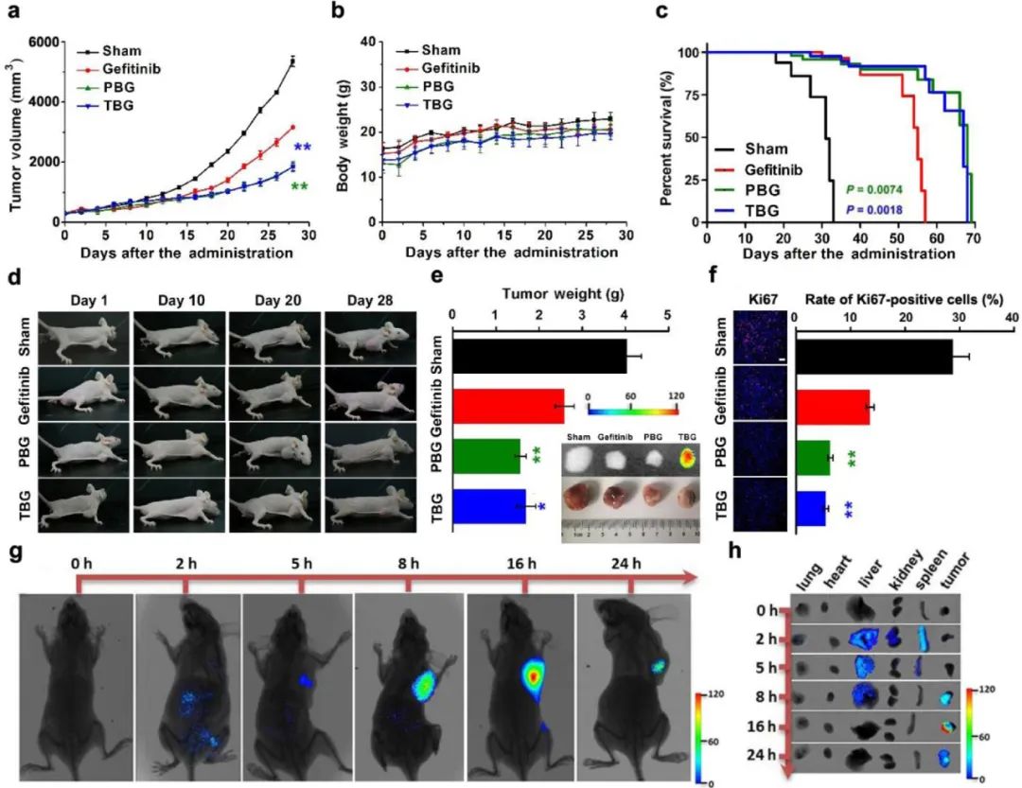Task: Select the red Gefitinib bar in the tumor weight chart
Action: pyautogui.click(x=508, y=407)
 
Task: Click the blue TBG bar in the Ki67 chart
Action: pyautogui.click(x=810, y=509)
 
